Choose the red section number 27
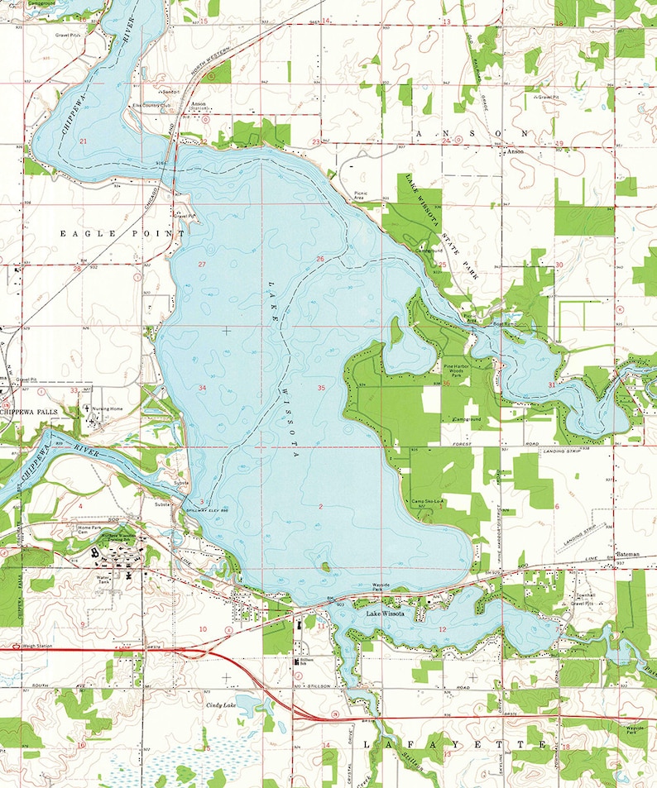[202, 263]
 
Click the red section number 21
[84, 141]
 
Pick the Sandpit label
[171, 91]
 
